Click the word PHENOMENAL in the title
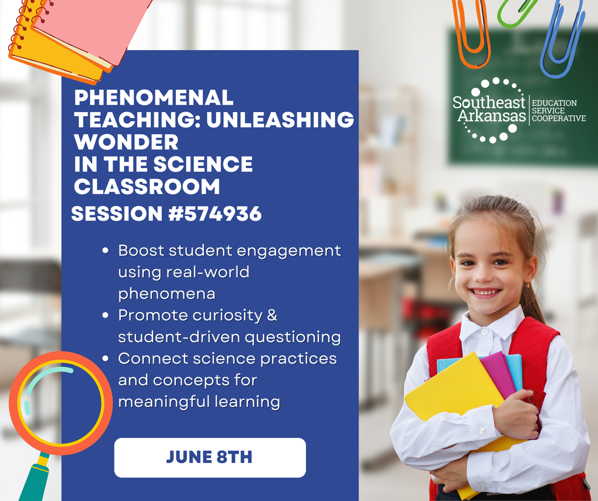coord(154,98)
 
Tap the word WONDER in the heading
coord(126,142)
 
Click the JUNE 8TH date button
coord(210,457)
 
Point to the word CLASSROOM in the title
coord(147,187)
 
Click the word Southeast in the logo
coord(489,102)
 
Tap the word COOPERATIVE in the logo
coord(558,119)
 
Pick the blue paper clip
coord(562,41)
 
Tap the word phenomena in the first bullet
coord(166,293)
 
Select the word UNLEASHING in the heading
coord(281,120)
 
